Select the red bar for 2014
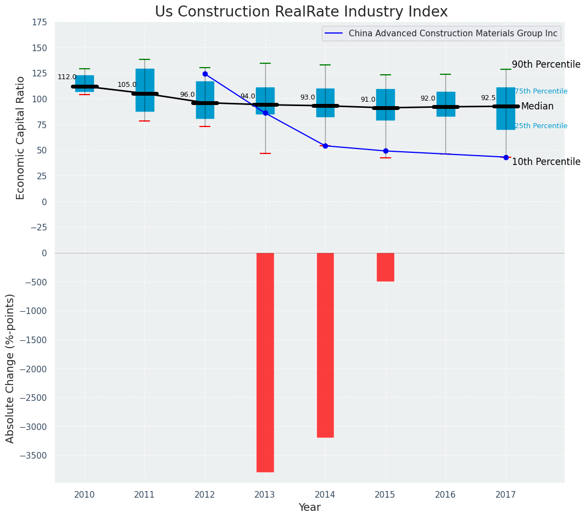coord(325,345)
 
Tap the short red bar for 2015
coord(385,267)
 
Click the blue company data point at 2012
coord(205,74)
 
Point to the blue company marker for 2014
coord(325,146)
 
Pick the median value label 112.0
coord(67,78)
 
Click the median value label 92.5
coord(488,98)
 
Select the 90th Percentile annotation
coord(546,65)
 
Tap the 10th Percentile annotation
coord(546,162)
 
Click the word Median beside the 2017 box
coord(537,107)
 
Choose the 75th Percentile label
coord(541,91)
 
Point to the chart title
coord(301,12)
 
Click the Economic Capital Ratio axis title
coord(21,137)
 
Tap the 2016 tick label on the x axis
coord(445,495)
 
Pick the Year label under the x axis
coord(309,508)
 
